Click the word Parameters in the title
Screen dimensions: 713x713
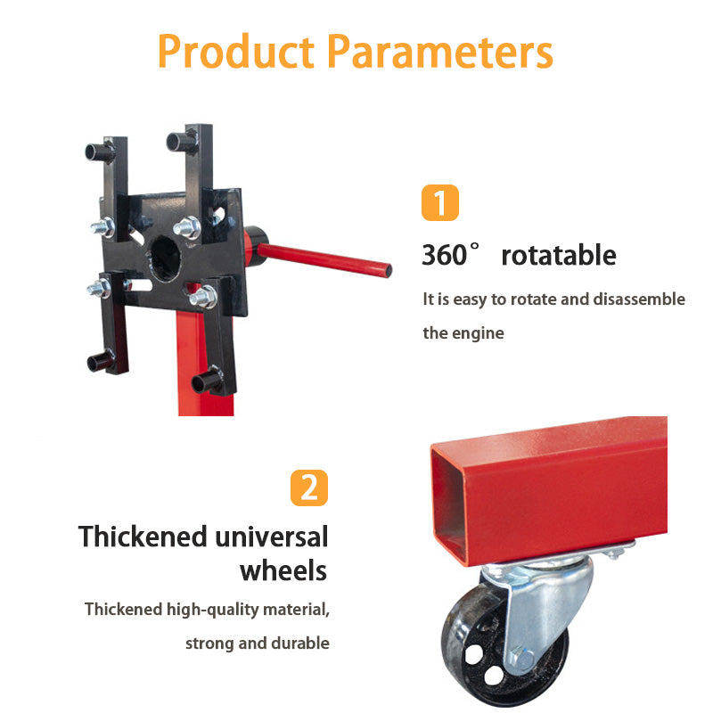point(439,52)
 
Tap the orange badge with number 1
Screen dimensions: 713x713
point(439,202)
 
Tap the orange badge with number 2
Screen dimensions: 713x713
point(308,488)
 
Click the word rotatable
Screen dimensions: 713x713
point(558,256)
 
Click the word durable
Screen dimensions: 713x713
point(299,643)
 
